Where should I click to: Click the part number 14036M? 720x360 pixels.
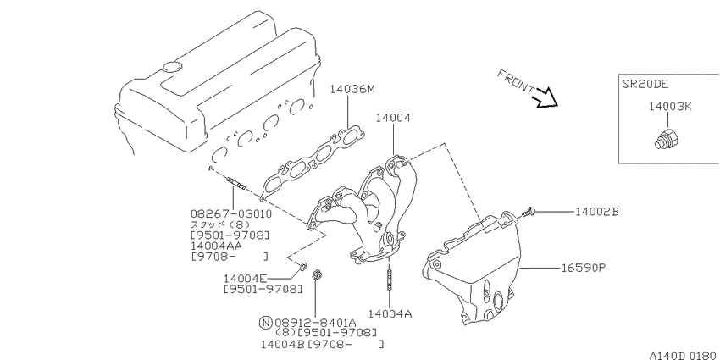352,89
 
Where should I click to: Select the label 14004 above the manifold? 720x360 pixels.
393,118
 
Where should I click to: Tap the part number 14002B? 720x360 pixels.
597,212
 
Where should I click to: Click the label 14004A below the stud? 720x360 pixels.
390,313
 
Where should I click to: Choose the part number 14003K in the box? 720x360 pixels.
670,107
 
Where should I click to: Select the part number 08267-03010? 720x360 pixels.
231,214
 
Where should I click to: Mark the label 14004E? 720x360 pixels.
245,279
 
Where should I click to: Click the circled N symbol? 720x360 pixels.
265,322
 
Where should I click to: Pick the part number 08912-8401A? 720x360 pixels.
315,323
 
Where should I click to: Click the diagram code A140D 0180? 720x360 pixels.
683,355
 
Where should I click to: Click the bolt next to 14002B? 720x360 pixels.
528,212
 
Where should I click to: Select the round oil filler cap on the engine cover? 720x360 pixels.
172,66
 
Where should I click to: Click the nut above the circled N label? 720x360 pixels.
316,274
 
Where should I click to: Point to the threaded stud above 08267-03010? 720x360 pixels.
235,184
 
